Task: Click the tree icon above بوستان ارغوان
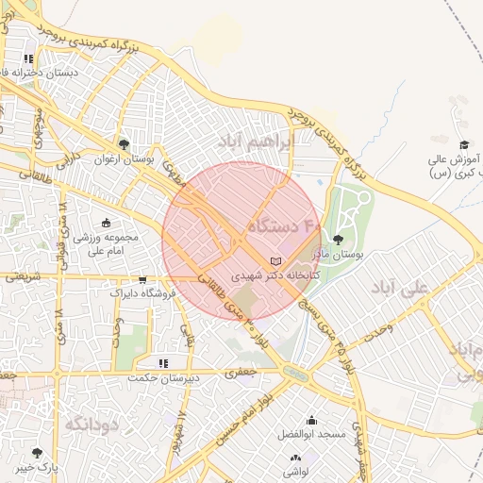(x=124, y=144)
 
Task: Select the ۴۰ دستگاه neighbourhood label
(x=284, y=226)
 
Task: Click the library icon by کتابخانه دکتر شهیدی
(x=275, y=260)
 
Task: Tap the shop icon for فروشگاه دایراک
(x=142, y=280)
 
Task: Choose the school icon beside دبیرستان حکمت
(x=163, y=363)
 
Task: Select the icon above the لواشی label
(x=295, y=458)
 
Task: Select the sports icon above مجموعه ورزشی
(x=105, y=223)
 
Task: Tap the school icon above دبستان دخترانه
(x=42, y=58)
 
